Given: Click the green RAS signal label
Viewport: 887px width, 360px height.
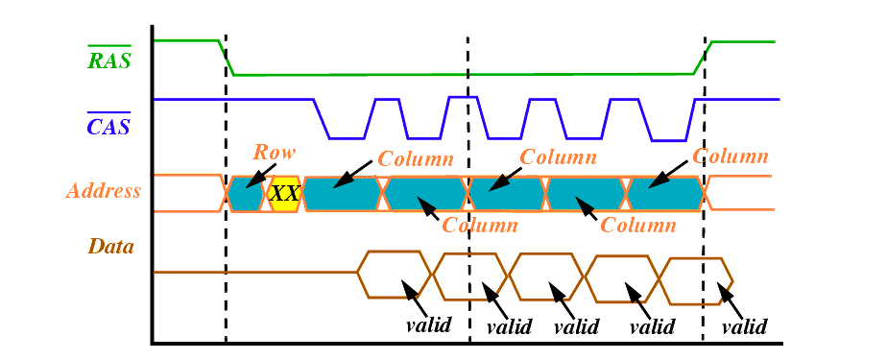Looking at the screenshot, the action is (109, 57).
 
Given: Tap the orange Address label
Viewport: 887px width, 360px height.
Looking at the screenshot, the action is (104, 191).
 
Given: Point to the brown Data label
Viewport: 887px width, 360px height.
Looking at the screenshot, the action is (111, 247).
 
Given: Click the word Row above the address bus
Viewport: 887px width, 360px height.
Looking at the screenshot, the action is (275, 152).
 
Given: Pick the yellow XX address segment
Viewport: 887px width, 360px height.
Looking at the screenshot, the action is (284, 194).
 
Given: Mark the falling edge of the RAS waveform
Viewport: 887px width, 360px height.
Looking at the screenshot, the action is (227, 58).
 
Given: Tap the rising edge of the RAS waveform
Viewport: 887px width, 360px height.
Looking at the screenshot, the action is (703, 58).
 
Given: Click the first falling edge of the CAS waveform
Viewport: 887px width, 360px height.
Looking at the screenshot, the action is (322, 118).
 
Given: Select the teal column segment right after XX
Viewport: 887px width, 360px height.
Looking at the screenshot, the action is (343, 194).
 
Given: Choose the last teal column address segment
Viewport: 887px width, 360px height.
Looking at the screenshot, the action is (666, 194).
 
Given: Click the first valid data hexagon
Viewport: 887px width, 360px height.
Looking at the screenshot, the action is (395, 274).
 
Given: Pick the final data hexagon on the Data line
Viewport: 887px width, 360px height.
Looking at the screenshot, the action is (696, 281).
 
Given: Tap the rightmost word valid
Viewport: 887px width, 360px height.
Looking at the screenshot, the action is (746, 326).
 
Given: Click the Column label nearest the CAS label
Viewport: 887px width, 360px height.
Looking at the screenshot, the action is (416, 159).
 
